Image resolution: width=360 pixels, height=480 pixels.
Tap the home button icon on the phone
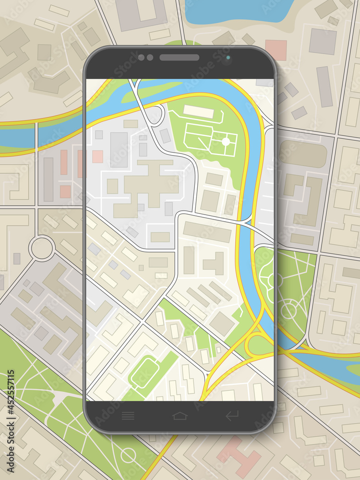tap(180, 416)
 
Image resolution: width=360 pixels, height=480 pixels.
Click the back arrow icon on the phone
tap(232, 416)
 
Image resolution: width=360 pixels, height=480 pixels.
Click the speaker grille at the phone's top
tap(180, 58)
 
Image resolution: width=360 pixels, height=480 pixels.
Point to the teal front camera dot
tap(228, 58)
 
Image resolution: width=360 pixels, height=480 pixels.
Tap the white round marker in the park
tap(226, 142)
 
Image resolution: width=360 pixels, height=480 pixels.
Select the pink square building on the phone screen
tap(97, 156)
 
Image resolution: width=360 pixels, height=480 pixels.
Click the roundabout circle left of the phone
tap(42, 248)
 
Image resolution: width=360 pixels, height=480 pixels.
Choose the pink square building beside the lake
tap(276, 50)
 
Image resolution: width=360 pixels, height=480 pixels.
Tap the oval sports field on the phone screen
tap(145, 373)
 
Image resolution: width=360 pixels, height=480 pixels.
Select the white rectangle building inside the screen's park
tap(198, 111)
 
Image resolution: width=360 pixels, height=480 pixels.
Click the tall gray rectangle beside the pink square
tap(119, 149)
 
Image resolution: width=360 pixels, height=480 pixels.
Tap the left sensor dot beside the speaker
tap(141, 58)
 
